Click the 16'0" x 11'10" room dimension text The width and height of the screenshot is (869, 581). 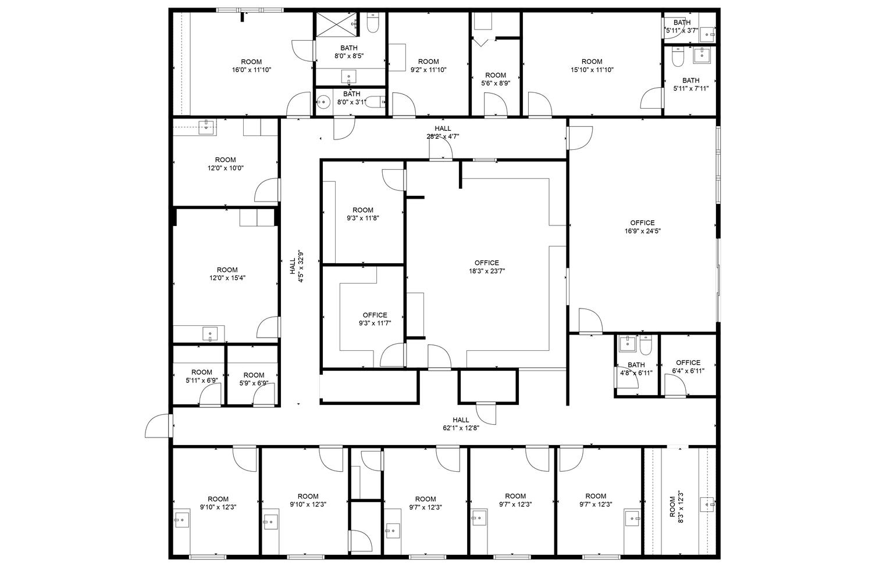[x=251, y=70]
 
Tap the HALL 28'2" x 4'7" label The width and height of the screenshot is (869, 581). [x=443, y=132]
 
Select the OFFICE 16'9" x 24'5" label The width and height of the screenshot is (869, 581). [x=642, y=227]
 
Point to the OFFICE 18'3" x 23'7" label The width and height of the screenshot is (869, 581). [x=487, y=267]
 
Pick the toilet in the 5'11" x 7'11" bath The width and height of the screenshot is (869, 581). [x=678, y=56]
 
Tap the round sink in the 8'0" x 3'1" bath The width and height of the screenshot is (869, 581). [x=323, y=103]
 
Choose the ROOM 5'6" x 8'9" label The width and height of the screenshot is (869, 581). [x=496, y=79]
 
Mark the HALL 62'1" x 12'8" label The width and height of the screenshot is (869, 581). [x=461, y=424]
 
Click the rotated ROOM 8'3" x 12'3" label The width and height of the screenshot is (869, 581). [x=676, y=507]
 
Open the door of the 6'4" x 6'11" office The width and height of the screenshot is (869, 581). [x=675, y=385]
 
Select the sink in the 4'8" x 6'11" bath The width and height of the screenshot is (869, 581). [x=627, y=344]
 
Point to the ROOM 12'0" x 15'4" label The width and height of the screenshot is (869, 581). [x=227, y=274]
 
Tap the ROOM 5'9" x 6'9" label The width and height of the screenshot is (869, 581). [x=254, y=379]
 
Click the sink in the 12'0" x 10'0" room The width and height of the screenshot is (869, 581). [x=207, y=127]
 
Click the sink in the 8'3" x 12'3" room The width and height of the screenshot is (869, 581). [x=707, y=505]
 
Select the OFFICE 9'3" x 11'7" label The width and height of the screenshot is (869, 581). [x=375, y=320]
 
